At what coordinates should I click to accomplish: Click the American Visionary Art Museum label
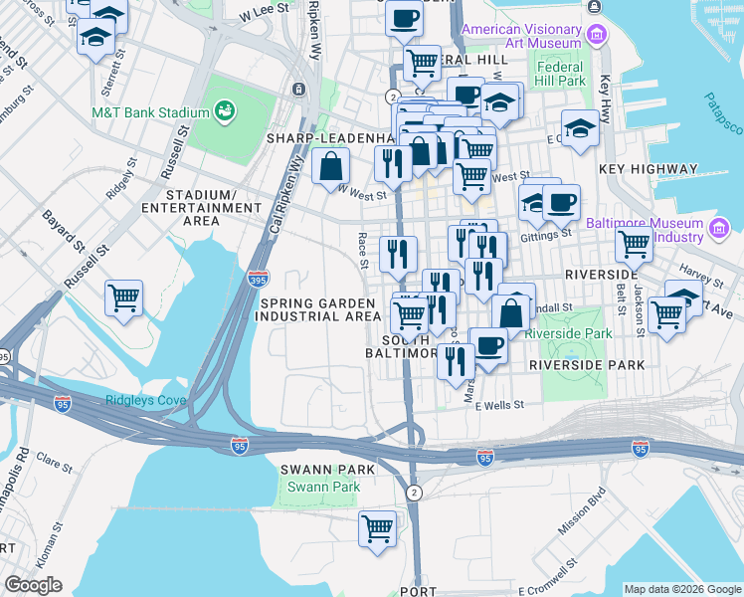click(x=521, y=37)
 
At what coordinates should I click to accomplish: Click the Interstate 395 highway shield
click(x=258, y=280)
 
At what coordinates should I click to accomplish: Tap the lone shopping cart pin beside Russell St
click(x=123, y=297)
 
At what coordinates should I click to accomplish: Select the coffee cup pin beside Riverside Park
click(x=487, y=345)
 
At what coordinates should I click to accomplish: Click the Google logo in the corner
click(x=32, y=585)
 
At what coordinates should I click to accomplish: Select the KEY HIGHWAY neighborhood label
click(x=649, y=169)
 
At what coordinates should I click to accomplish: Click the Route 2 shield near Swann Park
click(x=413, y=493)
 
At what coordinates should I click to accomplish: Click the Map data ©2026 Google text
click(x=681, y=589)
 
